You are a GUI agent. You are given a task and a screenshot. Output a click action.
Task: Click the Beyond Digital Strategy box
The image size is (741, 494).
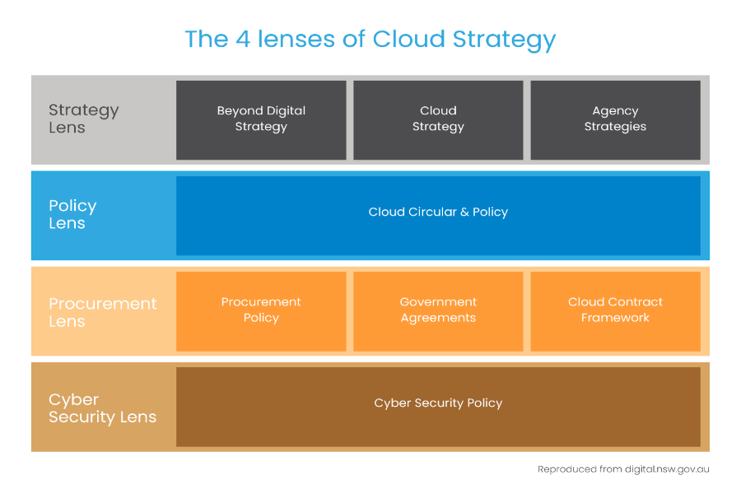point(261,119)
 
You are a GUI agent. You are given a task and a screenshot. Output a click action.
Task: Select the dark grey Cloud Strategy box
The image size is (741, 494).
point(438,119)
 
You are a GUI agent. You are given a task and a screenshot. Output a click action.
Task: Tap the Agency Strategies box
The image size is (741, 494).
point(615,119)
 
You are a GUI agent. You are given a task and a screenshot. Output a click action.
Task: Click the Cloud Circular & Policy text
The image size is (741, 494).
point(438,212)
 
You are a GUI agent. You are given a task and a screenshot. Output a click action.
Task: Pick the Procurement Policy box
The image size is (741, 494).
point(261,310)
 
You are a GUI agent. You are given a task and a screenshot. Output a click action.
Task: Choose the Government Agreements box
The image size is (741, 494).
point(438,310)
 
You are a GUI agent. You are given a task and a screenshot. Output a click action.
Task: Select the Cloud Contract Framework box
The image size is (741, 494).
point(615,310)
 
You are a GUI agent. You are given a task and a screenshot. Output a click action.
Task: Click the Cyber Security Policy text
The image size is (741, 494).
point(438,403)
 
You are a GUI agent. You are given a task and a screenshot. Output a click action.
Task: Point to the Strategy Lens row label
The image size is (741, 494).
point(83,119)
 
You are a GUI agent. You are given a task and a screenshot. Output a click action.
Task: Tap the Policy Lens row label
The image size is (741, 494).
point(72,214)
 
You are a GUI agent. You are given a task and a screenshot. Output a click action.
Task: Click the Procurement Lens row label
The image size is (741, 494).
point(102,312)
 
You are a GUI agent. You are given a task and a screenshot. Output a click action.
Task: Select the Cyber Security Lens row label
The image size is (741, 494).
point(102,408)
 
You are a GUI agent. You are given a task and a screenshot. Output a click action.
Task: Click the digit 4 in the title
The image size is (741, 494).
point(240,39)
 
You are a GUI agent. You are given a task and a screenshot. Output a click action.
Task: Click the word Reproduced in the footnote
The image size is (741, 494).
point(566,469)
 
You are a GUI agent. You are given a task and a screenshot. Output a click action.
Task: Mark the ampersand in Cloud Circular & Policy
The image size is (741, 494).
point(464,212)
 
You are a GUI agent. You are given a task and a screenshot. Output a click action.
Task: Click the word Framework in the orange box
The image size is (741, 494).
point(615,318)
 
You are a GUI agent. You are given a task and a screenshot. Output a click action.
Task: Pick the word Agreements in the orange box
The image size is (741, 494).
point(438,319)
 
